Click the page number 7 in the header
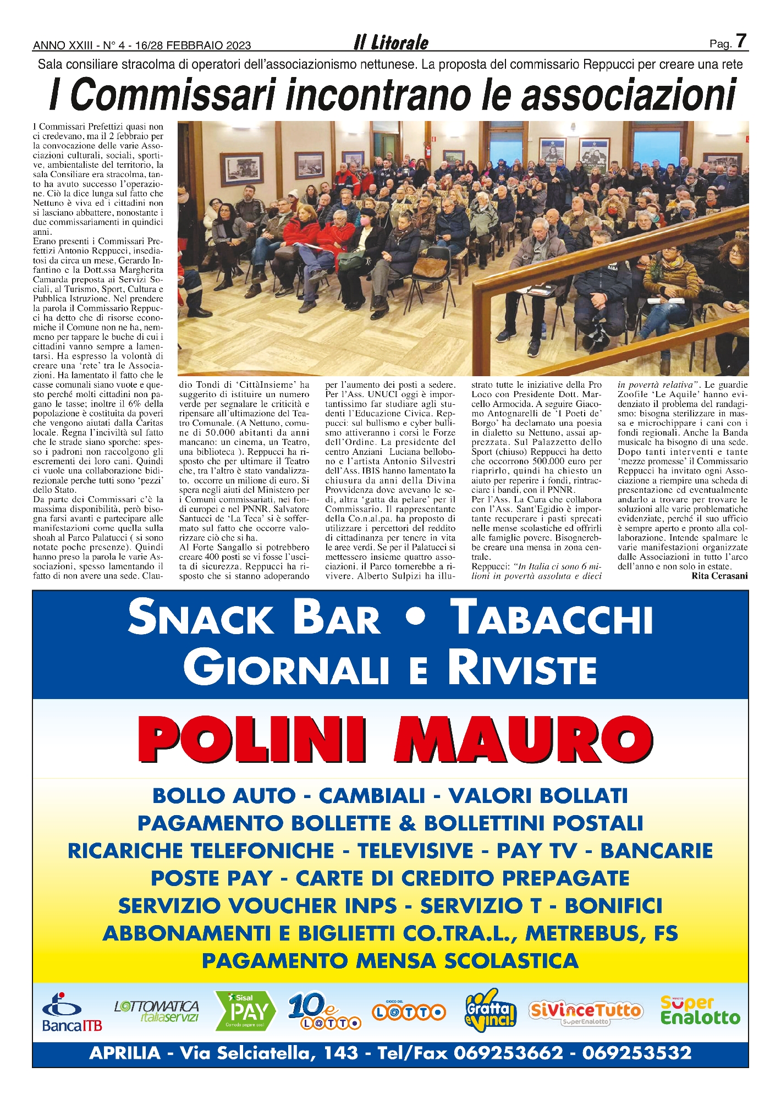point(741,41)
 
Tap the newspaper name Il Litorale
point(391,43)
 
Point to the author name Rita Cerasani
point(719,576)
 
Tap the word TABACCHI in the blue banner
point(551,618)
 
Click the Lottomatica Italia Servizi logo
point(157,1011)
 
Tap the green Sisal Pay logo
point(245,1011)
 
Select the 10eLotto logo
point(323,1011)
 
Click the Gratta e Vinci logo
point(491,1010)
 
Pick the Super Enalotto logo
point(700,1011)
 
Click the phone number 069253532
point(636,1053)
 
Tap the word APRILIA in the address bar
point(125,1053)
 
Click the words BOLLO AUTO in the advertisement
point(224,796)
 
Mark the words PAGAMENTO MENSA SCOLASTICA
point(390,961)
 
